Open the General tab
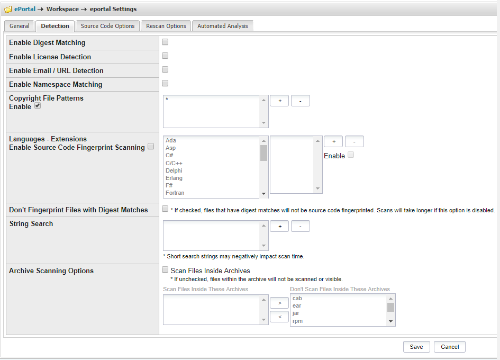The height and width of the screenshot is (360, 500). pos(20,26)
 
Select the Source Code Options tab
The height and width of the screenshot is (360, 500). pos(108,26)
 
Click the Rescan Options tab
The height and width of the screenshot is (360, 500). pos(166,26)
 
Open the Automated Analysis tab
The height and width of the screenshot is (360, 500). pos(222,26)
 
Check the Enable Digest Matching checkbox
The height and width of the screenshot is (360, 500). pos(165,42)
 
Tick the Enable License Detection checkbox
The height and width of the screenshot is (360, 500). pos(165,56)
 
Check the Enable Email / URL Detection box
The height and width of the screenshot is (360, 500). pos(165,69)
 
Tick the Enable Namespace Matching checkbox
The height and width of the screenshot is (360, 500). pos(165,83)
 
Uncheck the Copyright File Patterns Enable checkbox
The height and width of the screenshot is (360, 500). pos(38,106)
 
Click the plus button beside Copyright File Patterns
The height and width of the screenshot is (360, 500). pos(279,101)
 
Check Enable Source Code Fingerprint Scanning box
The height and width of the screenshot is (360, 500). pos(151,147)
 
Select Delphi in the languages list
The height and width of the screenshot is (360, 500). pos(174,171)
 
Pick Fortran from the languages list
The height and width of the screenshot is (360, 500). pos(175,193)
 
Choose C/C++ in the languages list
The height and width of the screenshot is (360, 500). pos(174,164)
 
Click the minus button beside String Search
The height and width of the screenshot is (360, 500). pos(300,227)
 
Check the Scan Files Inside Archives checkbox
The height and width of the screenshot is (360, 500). pos(165,270)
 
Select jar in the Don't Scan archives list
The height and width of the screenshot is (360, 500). pos(296,313)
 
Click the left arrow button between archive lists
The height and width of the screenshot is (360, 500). pos(279,317)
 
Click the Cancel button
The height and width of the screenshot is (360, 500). pos(450,347)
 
